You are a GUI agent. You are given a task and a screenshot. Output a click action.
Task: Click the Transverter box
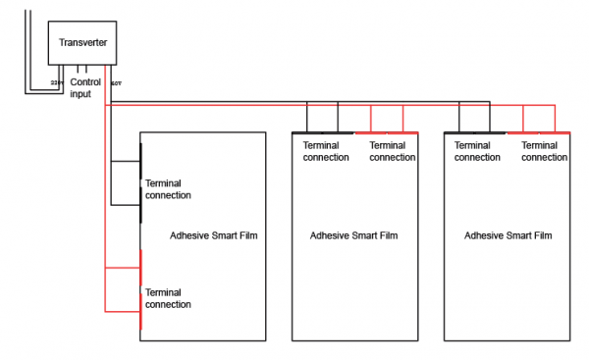83,43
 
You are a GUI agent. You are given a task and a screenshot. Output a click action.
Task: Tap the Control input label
86,88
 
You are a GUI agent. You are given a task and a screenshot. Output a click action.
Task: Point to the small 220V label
55,82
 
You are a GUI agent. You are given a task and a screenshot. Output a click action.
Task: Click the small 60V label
115,82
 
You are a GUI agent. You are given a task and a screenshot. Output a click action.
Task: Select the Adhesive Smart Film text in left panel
214,235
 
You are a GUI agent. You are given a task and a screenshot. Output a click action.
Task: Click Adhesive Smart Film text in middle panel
353,235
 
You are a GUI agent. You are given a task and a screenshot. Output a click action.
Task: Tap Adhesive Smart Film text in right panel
508,235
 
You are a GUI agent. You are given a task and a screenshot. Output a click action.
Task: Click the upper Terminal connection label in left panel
168,189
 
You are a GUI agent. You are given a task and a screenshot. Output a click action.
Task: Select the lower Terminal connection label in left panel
168,298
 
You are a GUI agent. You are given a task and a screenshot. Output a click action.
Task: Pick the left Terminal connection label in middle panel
326,151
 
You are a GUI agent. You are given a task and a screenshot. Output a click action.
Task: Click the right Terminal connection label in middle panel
392,151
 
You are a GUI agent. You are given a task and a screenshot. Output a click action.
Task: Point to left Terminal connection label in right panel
478,151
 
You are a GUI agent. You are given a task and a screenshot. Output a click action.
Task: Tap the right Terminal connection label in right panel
544,151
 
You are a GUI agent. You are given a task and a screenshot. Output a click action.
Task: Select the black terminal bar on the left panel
140,174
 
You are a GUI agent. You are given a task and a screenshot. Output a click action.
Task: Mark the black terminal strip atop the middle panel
324,131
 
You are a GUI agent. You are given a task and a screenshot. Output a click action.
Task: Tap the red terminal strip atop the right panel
539,131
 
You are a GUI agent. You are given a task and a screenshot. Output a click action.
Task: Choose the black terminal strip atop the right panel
476,131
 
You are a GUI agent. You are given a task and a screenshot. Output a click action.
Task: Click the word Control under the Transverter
86,82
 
